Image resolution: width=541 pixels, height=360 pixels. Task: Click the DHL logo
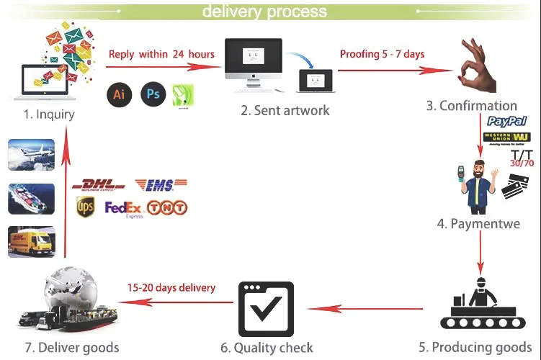tap(99, 186)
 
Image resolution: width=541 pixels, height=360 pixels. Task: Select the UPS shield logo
tap(85, 207)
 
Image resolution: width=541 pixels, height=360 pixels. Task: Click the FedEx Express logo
tap(124, 209)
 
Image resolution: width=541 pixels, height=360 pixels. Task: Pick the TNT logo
tap(167, 208)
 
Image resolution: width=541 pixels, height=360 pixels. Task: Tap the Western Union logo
tap(507, 137)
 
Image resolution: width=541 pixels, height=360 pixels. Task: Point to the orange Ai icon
tap(120, 94)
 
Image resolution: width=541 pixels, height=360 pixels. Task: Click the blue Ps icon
tap(153, 94)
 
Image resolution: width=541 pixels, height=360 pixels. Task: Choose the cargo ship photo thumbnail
tap(31, 198)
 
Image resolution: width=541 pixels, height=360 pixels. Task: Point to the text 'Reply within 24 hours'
tap(161, 54)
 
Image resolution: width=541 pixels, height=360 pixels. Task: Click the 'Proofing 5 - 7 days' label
tap(383, 53)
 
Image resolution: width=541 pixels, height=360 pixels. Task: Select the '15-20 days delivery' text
tap(171, 287)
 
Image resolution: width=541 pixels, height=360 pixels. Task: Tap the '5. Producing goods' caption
tap(475, 347)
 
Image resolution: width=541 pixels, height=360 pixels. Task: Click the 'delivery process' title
tap(264, 12)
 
